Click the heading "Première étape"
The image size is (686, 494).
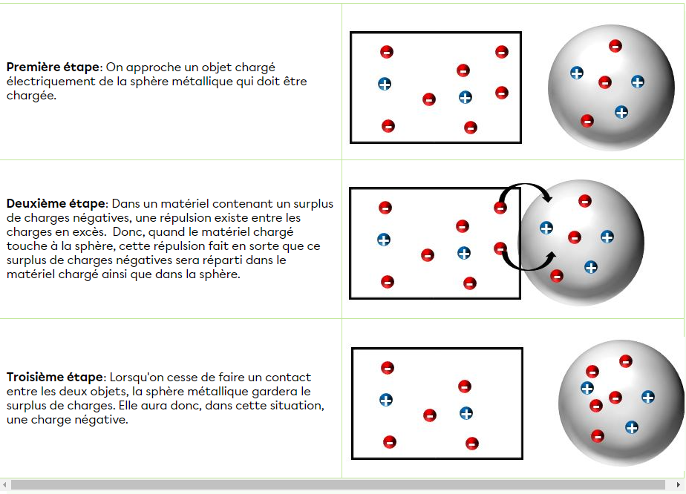click(x=53, y=67)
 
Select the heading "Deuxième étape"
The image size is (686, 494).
click(x=56, y=204)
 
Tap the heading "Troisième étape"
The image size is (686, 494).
click(x=55, y=378)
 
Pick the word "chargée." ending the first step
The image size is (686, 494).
click(x=31, y=96)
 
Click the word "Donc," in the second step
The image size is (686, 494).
click(x=128, y=232)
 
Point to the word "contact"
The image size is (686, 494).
click(x=288, y=378)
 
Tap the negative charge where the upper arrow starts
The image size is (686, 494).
click(x=500, y=207)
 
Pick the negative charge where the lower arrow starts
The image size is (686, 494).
click(x=500, y=248)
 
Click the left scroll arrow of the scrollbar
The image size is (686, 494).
click(x=4, y=485)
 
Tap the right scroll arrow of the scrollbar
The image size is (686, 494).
click(x=678, y=485)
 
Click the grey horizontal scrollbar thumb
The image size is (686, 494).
click(x=338, y=485)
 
